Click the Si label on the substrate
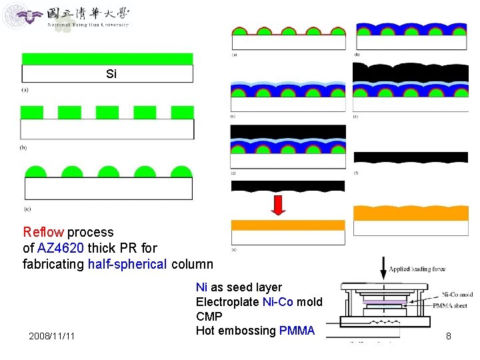point(111,74)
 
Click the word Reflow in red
point(43,233)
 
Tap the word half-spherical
point(127,263)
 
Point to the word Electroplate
point(227,302)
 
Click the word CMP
point(209,317)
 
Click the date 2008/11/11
point(52,336)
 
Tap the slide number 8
point(449,336)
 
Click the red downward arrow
point(279,204)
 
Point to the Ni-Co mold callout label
point(457,294)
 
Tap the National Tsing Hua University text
point(88,25)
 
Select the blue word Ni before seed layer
point(201,287)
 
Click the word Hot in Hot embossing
point(205,331)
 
